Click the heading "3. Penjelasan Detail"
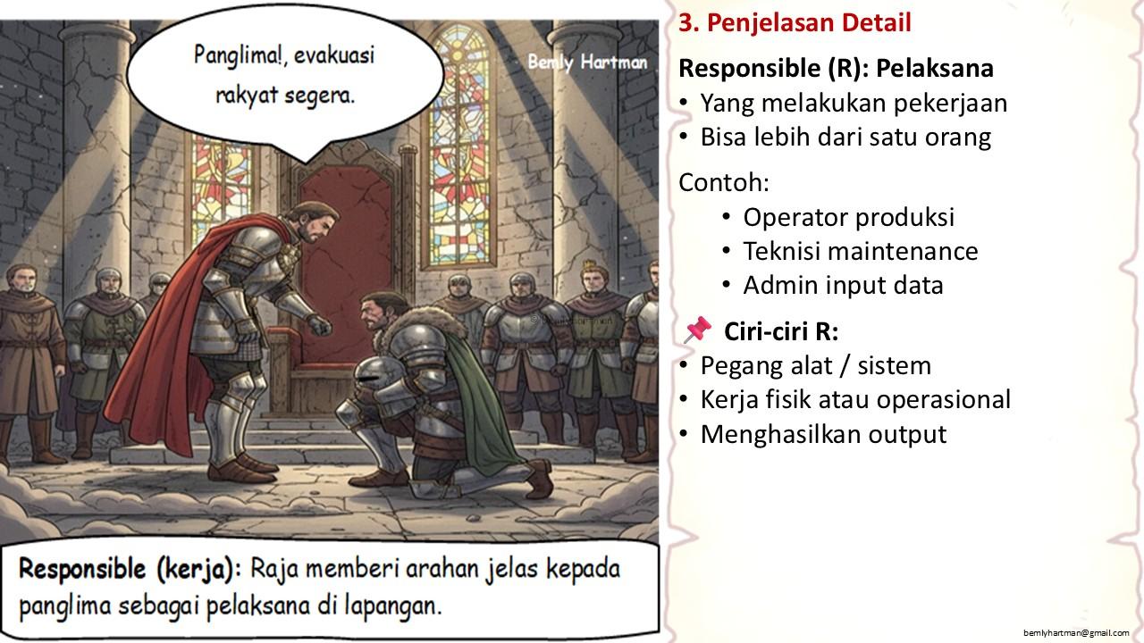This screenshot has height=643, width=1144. pos(795,23)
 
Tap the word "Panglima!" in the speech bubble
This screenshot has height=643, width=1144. pos(238,55)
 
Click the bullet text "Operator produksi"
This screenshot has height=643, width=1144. pos(848,217)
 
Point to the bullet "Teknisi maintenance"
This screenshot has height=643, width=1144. pos(861,251)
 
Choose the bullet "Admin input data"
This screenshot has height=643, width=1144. pos(843,285)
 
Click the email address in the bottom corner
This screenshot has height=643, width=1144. pos(1076,633)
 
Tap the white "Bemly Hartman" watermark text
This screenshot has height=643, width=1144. pos(587,63)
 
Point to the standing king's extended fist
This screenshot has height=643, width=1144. pos(319,326)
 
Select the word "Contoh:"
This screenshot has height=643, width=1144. pos(724,182)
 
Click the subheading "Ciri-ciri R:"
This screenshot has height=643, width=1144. pos(781,331)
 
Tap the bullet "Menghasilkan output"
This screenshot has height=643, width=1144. pos(823,434)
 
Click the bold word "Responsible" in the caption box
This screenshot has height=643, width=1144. pos(82,569)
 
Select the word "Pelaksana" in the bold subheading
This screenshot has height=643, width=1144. pos(935,69)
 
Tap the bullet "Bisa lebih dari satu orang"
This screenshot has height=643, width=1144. pos(845,138)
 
